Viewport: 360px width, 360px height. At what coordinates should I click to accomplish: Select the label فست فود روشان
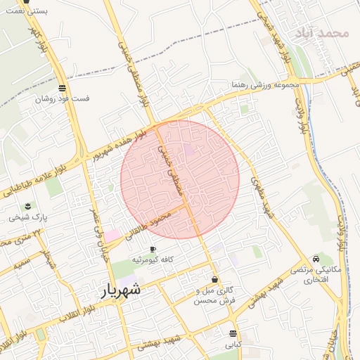[63, 99]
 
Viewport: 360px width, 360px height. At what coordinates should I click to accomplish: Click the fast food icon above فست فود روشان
[63, 89]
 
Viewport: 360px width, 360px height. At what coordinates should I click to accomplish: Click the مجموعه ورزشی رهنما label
[266, 85]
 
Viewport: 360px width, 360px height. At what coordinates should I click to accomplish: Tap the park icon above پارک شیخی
[28, 206]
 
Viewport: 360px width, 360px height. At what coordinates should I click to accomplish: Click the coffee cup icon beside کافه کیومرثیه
[153, 250]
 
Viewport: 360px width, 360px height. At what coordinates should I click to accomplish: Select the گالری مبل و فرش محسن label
[214, 295]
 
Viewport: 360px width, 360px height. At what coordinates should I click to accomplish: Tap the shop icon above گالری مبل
[214, 280]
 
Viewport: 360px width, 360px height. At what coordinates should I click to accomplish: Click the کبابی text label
[233, 345]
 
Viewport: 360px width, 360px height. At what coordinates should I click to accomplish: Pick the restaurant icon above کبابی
[233, 333]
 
